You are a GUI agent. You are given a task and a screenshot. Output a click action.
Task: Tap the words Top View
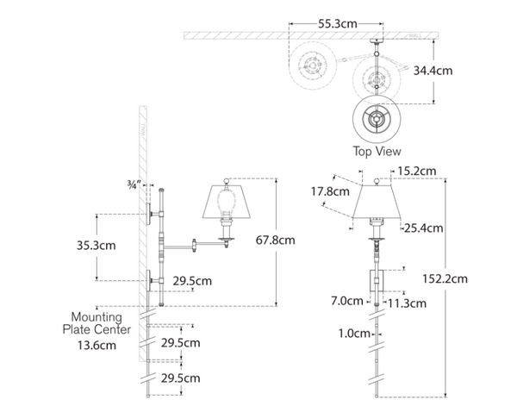point(376,150)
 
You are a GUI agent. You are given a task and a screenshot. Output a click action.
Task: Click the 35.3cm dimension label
point(115,246)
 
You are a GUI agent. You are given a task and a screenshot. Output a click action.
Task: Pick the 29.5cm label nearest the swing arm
point(192,280)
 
